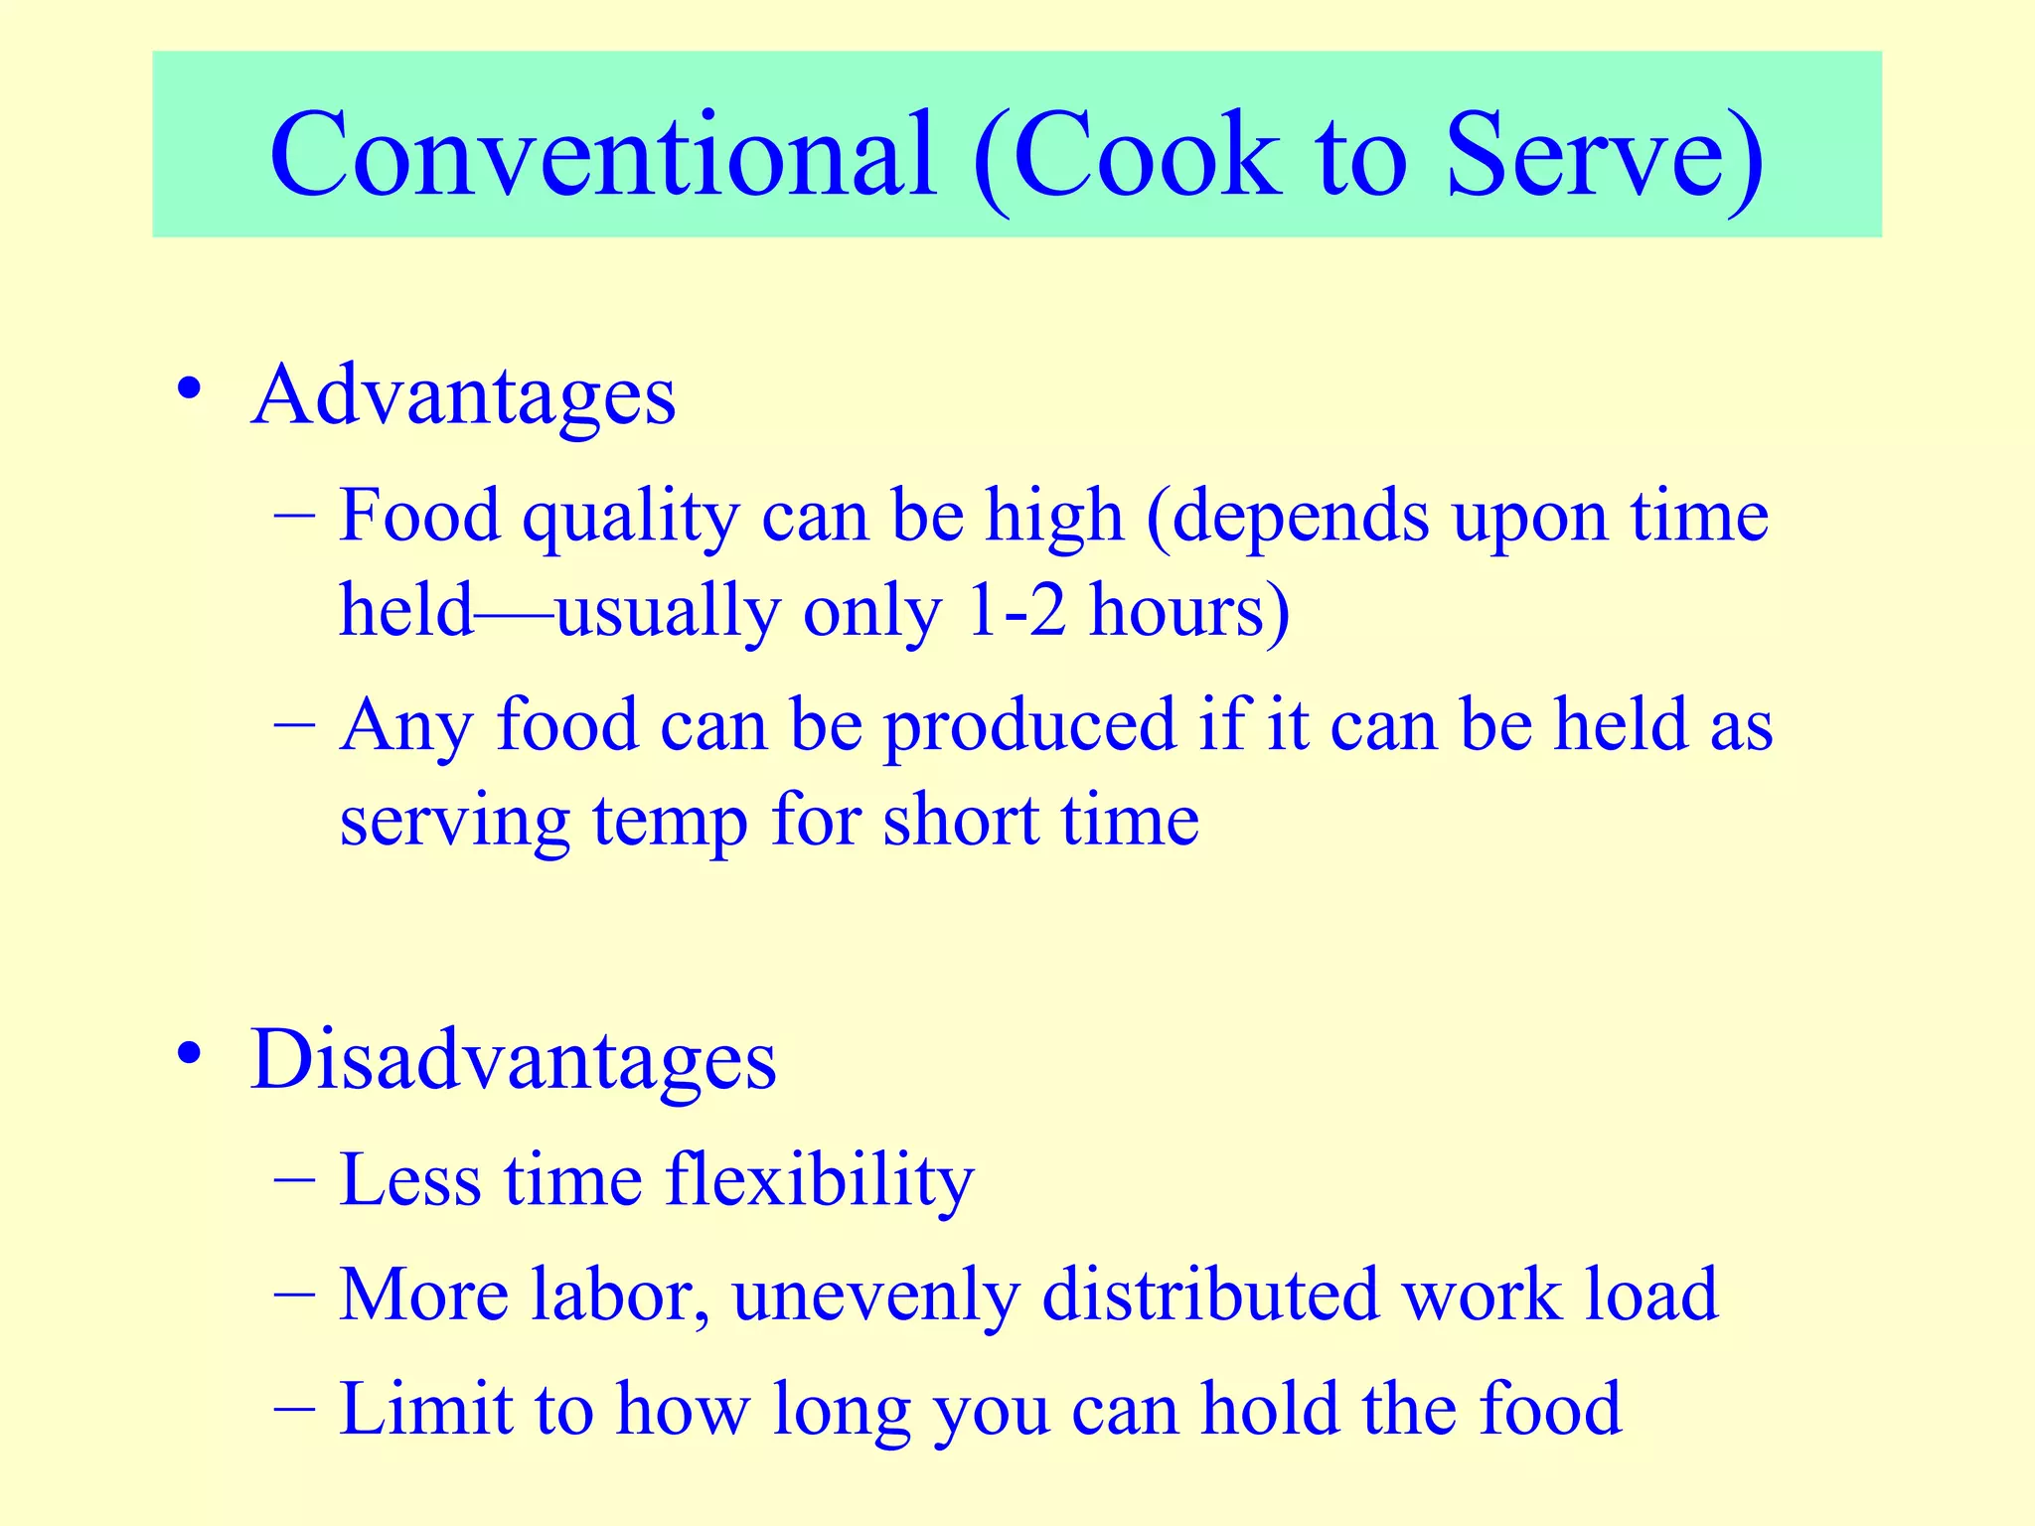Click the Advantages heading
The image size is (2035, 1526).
pyautogui.click(x=463, y=396)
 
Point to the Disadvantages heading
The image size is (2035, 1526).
pyautogui.click(x=513, y=1060)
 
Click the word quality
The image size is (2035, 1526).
pyautogui.click(x=631, y=517)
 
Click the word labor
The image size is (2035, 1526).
pyautogui.click(x=620, y=1295)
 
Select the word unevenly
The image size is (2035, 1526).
pyautogui.click(x=875, y=1295)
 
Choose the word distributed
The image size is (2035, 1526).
pyautogui.click(x=1210, y=1295)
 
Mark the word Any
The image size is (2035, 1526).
pyautogui.click(x=404, y=726)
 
